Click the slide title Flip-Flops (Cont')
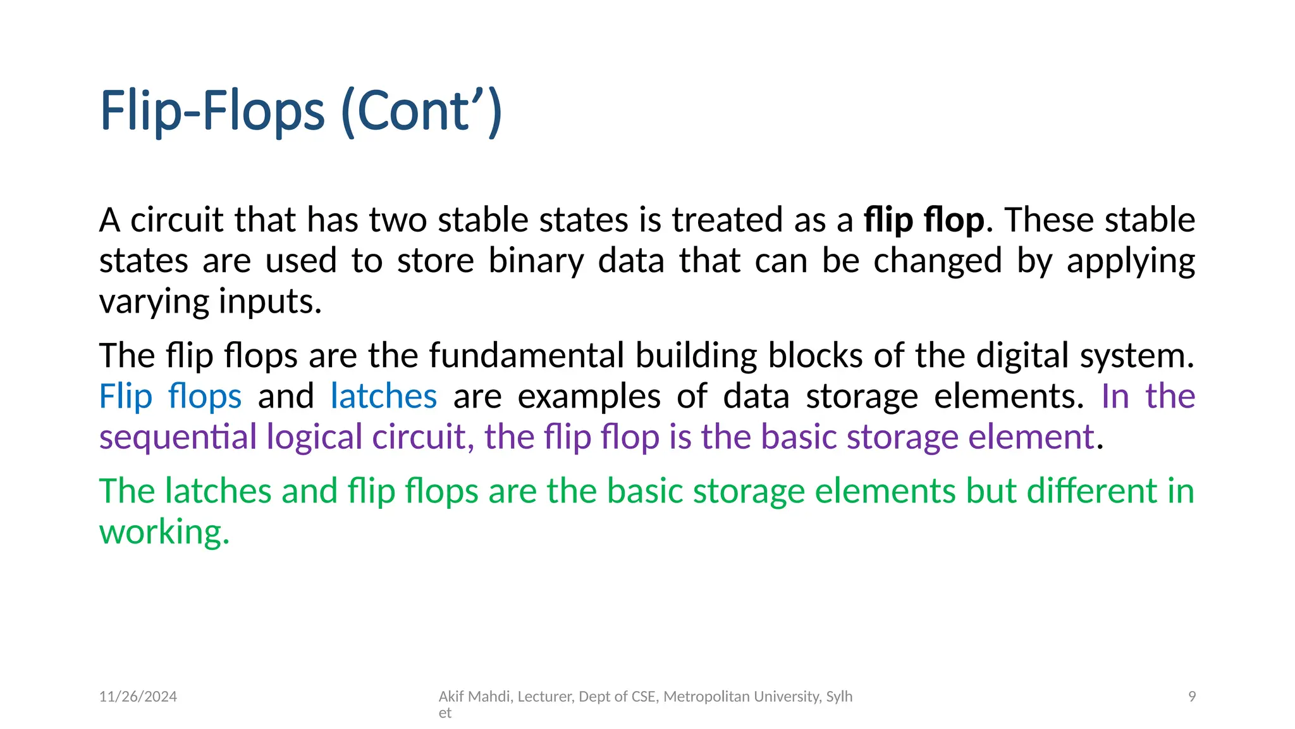301,111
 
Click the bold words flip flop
924,220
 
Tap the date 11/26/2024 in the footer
138,697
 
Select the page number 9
1192,697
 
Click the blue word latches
384,397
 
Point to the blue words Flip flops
170,397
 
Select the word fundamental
526,356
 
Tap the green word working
164,532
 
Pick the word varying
154,302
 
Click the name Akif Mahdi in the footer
475,697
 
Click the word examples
589,397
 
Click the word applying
1131,261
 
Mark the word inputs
270,302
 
